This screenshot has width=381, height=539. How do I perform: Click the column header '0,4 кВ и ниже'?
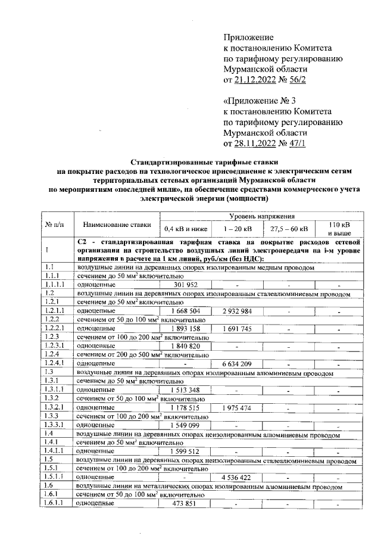tap(185, 229)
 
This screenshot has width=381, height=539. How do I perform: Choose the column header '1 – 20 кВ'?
tap(238, 229)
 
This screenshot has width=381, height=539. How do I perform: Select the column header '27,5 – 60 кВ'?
tap(289, 229)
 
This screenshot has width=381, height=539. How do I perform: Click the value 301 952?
tap(185, 285)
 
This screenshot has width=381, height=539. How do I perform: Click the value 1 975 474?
tap(238, 407)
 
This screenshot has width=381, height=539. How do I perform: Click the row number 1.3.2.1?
tap(56, 407)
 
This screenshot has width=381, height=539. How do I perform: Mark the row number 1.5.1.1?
tap(56, 477)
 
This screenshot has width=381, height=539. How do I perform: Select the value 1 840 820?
tap(185, 345)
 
